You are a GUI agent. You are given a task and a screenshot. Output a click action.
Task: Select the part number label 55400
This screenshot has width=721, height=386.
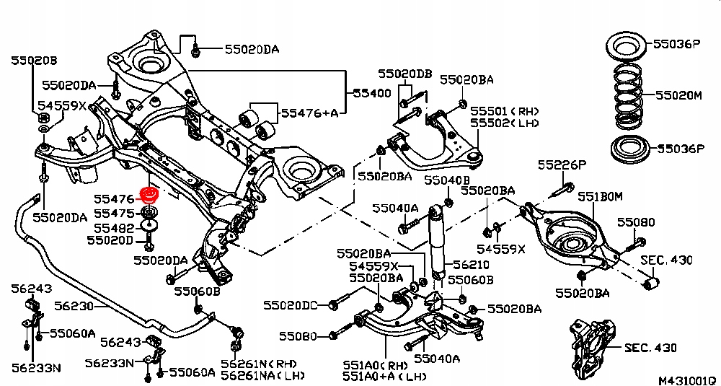[x=371, y=93]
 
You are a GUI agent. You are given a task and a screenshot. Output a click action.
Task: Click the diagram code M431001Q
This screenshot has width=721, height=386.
[x=686, y=378]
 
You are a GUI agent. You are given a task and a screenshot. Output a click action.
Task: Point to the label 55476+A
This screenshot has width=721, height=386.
[x=309, y=113]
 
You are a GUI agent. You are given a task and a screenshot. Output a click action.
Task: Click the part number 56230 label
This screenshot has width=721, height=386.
[x=74, y=306]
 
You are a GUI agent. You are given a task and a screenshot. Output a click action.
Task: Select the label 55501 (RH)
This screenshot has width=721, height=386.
[x=505, y=113]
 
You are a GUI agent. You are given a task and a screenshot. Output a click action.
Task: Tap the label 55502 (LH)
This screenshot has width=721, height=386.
[x=505, y=123]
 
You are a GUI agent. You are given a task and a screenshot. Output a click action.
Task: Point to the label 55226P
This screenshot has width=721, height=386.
[x=562, y=165]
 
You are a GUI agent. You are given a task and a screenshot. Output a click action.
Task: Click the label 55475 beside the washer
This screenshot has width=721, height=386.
[x=113, y=214]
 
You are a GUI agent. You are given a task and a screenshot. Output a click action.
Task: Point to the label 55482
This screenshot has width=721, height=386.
[x=113, y=227]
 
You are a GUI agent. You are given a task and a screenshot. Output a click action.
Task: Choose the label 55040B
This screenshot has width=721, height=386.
[x=447, y=180]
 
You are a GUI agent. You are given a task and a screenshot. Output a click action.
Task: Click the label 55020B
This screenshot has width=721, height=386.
[x=33, y=61]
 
